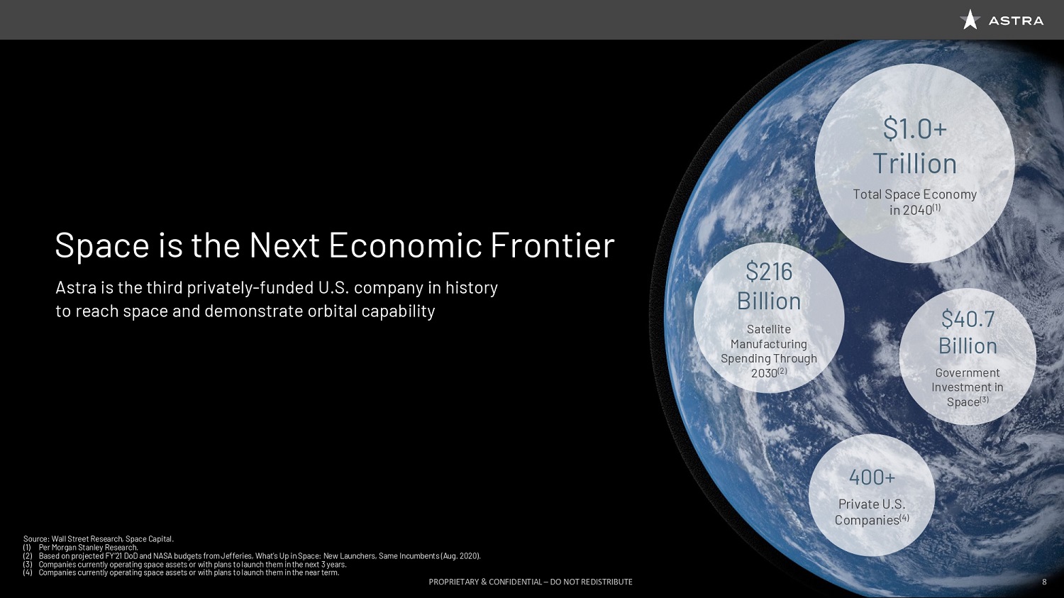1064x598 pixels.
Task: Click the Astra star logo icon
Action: click(x=970, y=19)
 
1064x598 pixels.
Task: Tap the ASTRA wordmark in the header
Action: click(x=1016, y=21)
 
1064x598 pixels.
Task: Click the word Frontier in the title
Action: click(x=553, y=245)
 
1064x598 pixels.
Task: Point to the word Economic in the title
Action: click(x=405, y=245)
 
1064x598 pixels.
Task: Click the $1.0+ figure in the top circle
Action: click(x=915, y=128)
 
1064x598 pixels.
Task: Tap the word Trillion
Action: click(x=915, y=163)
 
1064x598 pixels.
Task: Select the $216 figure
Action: click(x=769, y=272)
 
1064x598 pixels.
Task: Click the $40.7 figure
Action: click(x=968, y=319)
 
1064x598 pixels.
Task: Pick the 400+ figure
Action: click(x=872, y=477)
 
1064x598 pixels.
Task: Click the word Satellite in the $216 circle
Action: click(x=769, y=329)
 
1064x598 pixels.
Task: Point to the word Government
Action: click(x=968, y=373)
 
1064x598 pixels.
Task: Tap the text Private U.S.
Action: click(x=872, y=504)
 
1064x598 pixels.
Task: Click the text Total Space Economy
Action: click(x=915, y=194)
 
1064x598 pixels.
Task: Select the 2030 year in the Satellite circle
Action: click(x=764, y=373)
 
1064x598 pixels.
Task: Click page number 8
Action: click(x=1044, y=582)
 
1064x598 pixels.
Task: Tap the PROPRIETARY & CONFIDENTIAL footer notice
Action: click(x=531, y=582)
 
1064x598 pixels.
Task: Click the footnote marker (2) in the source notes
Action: click(x=28, y=555)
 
